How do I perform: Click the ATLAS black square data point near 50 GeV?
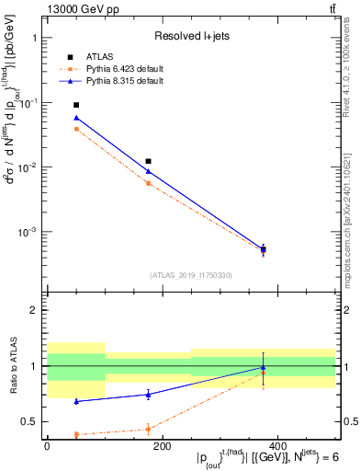(76, 105)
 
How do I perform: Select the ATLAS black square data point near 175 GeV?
(148, 161)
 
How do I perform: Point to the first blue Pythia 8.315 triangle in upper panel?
(76, 118)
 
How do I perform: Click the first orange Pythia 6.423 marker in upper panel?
(76, 129)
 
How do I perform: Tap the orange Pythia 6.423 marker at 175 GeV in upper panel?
(148, 183)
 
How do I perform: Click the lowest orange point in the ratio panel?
(76, 434)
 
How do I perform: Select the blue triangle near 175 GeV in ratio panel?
(148, 394)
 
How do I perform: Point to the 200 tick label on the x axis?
(162, 445)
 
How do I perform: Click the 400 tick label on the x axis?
(277, 445)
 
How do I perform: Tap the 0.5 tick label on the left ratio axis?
(31, 421)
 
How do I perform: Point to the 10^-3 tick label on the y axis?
(28, 233)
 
